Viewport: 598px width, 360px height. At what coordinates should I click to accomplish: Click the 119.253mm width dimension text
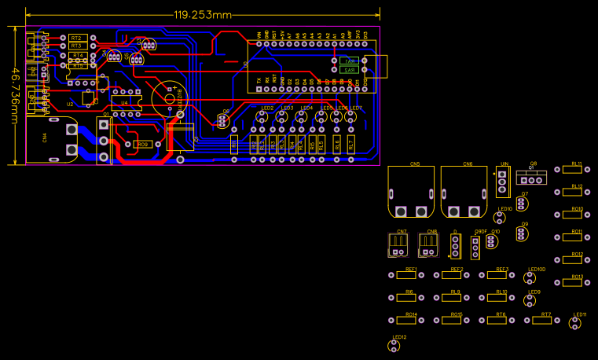point(203,15)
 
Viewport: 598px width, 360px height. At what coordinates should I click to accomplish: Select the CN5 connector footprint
point(411,193)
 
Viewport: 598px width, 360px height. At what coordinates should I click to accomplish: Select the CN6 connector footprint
point(464,193)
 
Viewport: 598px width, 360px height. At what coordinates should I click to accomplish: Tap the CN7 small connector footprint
point(399,245)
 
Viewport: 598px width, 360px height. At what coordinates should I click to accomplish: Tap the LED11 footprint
point(579,322)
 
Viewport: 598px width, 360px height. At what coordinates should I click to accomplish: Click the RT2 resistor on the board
point(76,38)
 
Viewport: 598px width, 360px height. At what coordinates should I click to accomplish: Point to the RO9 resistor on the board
point(142,145)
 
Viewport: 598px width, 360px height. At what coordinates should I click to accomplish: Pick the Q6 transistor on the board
point(222,120)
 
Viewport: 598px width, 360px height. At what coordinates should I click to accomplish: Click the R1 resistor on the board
point(234,144)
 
